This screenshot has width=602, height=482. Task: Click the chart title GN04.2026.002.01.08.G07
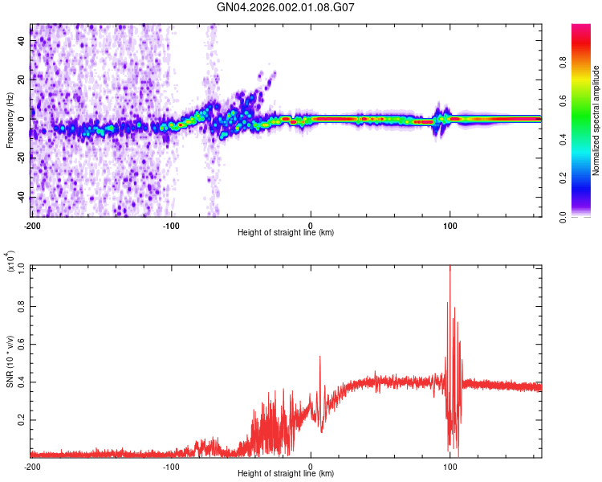tap(287, 7)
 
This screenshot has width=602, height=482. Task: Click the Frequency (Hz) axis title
tap(9, 121)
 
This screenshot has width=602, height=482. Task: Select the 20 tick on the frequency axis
tap(21, 80)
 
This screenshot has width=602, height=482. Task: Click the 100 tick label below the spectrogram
tap(450, 226)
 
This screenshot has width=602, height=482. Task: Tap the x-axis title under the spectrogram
tap(286, 233)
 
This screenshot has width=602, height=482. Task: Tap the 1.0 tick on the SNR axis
tap(22, 267)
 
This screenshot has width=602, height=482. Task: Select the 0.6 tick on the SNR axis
tap(22, 343)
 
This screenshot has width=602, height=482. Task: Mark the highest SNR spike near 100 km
tap(449, 268)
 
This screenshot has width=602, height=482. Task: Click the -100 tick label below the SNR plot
tap(171, 466)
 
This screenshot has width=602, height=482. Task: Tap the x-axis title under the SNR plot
tap(286, 474)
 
